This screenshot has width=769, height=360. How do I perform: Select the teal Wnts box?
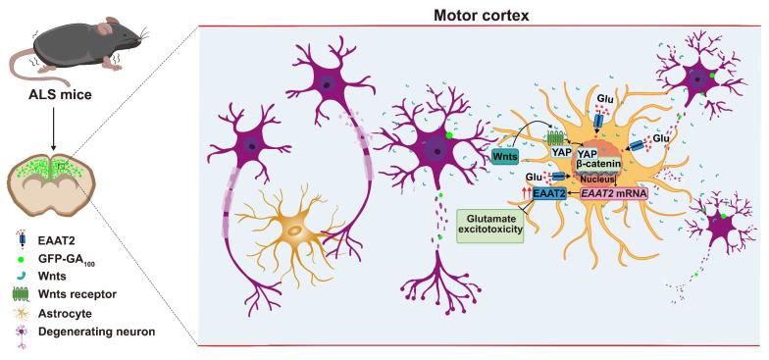pos(506,155)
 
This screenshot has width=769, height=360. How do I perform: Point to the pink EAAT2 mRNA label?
pos(609,194)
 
